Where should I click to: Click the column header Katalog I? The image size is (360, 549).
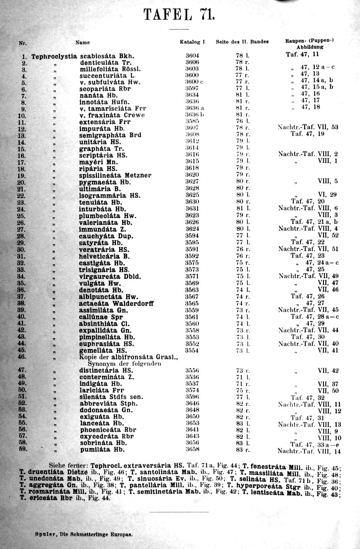(x=192, y=42)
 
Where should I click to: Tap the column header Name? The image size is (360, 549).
(x=82, y=43)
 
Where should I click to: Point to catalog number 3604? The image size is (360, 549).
(x=192, y=56)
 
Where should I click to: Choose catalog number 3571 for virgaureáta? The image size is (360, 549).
(x=192, y=276)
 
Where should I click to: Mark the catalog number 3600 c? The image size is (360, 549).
(x=193, y=82)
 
